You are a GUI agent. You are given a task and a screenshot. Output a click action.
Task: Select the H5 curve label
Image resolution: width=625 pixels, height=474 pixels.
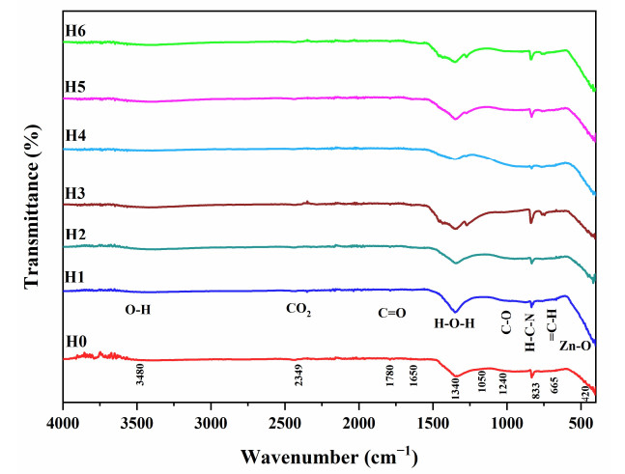76,87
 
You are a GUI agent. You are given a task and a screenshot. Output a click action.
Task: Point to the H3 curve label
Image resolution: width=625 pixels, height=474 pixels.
76,194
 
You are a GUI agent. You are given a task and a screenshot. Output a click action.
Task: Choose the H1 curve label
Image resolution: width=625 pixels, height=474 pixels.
76,277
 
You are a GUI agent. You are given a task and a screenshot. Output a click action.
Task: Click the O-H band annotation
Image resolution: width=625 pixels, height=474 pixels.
138,311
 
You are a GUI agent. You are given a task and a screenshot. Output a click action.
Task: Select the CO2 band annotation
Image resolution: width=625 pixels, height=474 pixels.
299,310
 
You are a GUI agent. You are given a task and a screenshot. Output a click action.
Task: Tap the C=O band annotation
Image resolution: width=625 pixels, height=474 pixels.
391,313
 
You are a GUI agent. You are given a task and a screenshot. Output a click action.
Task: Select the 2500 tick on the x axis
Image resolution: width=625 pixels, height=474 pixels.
285,422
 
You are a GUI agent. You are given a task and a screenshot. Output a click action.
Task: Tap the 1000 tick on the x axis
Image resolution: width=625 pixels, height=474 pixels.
506,422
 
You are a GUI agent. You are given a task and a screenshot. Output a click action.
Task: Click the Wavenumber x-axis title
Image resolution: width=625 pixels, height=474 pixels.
328,454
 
